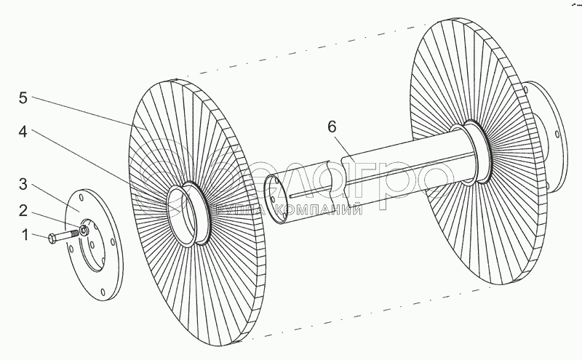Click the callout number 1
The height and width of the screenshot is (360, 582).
point(26,235)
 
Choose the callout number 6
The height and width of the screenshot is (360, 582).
point(332,126)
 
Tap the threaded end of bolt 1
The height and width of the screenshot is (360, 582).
point(73,233)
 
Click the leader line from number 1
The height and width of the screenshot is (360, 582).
point(40,236)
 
